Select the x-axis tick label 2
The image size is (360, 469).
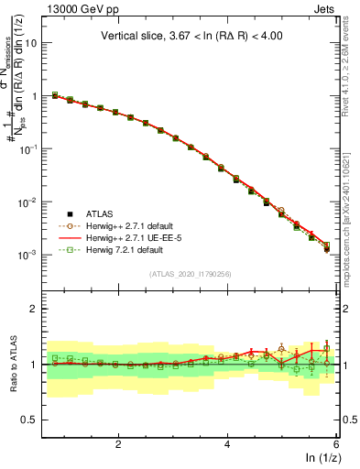coord(118,443)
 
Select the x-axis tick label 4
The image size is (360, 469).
coord(227,443)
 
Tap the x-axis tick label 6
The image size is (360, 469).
coord(335,443)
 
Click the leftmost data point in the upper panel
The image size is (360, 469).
coord(55,94)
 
